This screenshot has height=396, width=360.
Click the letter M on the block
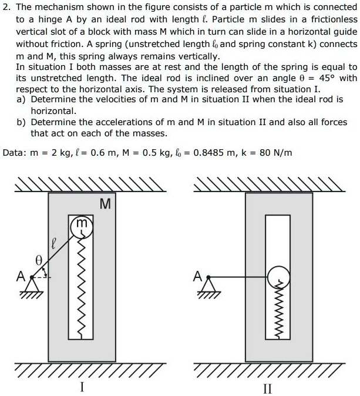point(105,204)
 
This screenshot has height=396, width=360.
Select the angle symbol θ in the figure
point(39,259)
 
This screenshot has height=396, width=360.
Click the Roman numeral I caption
point(82,387)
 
